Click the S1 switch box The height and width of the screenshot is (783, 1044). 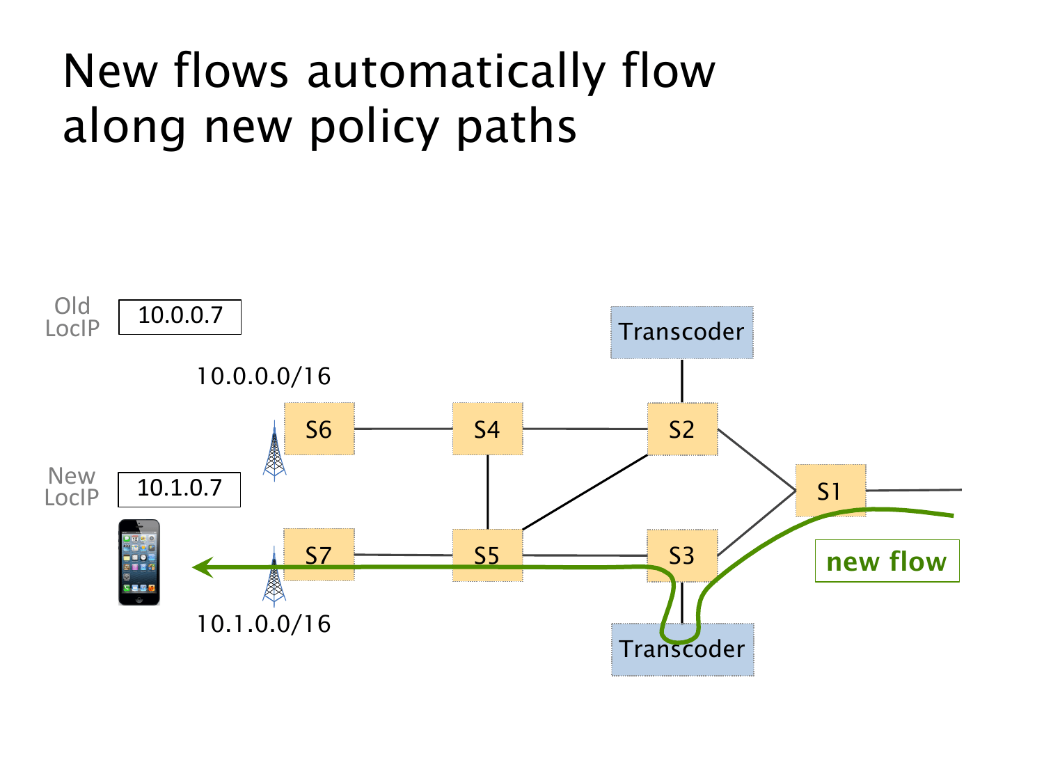point(830,491)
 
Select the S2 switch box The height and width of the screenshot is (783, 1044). point(682,429)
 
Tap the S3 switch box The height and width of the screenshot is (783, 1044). point(682,555)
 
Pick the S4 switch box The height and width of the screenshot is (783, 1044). point(487,429)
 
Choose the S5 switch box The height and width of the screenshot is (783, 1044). point(487,555)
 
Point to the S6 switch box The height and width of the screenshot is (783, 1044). point(319,429)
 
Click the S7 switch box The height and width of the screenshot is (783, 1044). point(319,555)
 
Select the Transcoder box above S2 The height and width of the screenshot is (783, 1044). point(682,332)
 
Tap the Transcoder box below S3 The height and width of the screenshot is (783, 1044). point(682,649)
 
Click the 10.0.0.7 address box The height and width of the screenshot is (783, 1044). point(180,317)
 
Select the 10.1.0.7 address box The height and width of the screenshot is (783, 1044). point(179,489)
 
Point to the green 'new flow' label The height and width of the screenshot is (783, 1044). point(887,561)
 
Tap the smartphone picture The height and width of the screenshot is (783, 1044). point(139,562)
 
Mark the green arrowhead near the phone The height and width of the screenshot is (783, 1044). point(202,568)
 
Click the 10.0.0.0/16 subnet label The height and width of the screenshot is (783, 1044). point(264,377)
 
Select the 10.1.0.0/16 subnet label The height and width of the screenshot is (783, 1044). point(264,624)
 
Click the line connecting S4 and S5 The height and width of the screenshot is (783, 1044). point(487,492)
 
